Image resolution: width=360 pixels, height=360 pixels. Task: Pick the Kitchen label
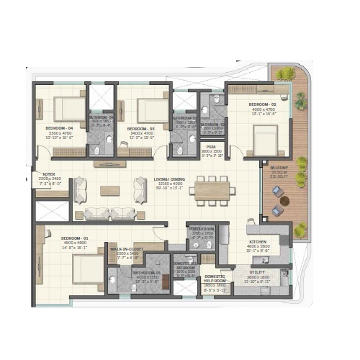[260, 243]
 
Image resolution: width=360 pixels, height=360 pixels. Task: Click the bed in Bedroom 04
[69, 108]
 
